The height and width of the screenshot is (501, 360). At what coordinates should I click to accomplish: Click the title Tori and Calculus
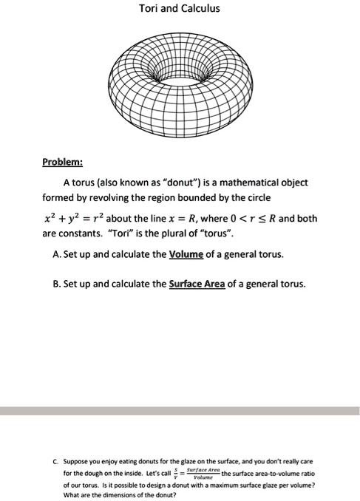[x=180, y=10]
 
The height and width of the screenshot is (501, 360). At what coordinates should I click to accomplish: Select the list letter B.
[x=58, y=283]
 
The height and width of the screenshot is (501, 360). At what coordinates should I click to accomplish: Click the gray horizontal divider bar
[x=180, y=410]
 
